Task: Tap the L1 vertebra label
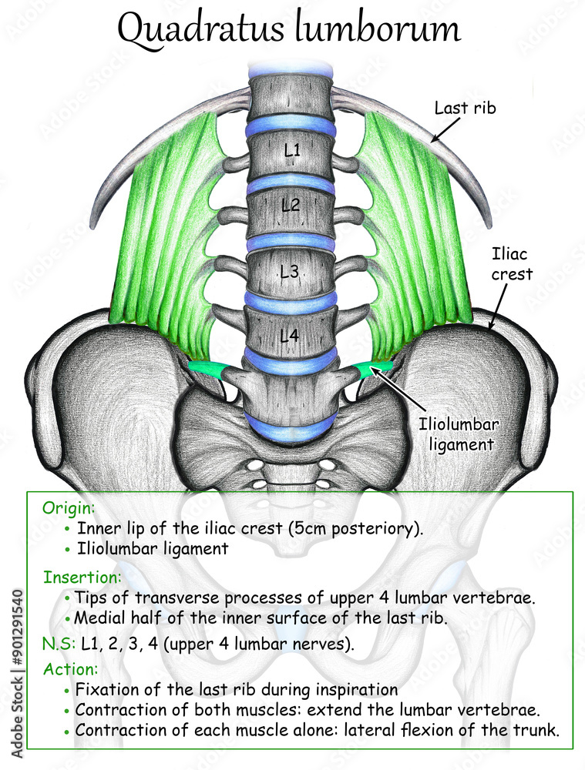(x=291, y=152)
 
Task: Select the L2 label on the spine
(x=291, y=206)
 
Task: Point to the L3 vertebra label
(x=290, y=271)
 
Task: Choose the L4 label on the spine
(x=290, y=335)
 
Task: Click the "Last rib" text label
(x=465, y=108)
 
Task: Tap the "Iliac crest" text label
(x=511, y=263)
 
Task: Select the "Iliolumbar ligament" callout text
(x=456, y=433)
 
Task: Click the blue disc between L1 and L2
(x=291, y=181)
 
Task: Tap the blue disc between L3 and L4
(x=291, y=303)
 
